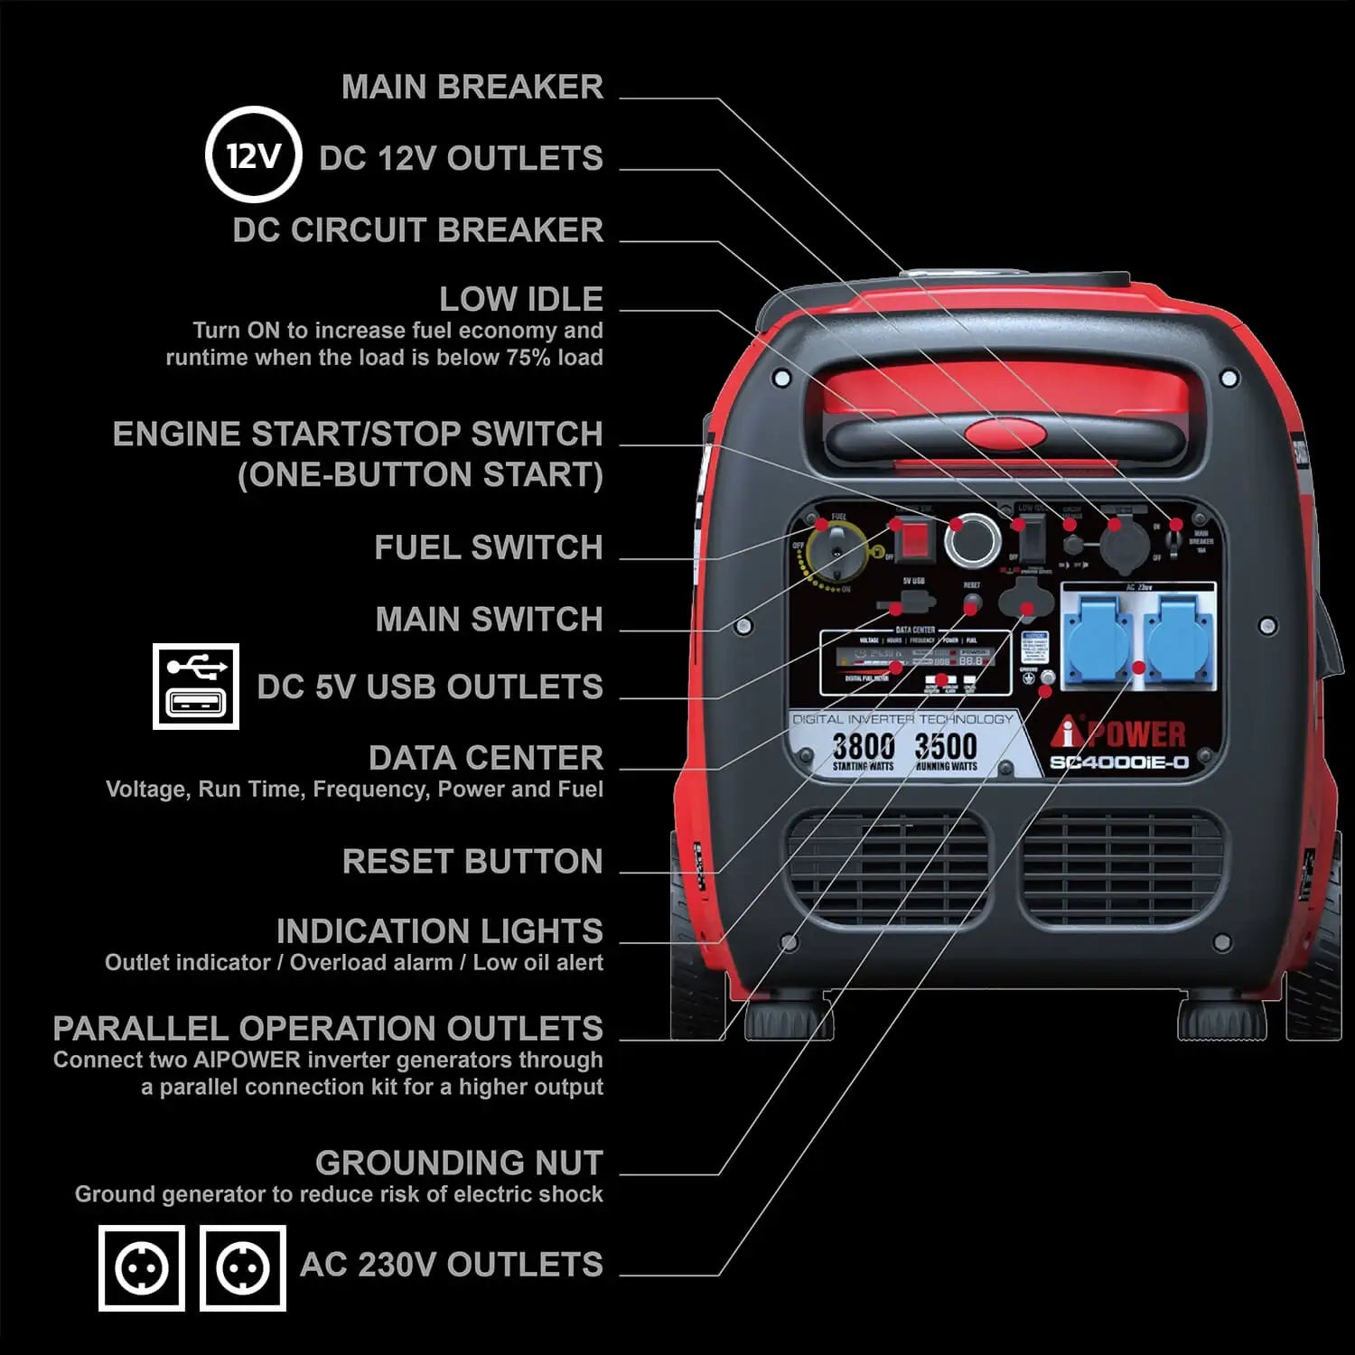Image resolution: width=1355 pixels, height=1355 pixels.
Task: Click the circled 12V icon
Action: tap(252, 155)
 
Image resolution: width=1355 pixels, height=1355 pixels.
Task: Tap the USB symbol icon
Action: tap(196, 687)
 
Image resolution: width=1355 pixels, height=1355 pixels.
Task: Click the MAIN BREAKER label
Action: tap(472, 87)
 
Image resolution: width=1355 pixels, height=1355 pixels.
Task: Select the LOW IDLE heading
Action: tap(521, 298)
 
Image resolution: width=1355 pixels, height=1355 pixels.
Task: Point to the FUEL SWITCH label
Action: tap(489, 547)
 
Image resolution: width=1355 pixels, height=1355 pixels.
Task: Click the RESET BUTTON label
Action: tap(472, 861)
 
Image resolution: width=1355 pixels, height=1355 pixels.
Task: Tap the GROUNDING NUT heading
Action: tap(459, 1162)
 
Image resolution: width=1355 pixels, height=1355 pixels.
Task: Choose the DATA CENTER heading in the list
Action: tap(486, 757)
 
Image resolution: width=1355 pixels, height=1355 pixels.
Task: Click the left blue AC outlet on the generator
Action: tap(1099, 637)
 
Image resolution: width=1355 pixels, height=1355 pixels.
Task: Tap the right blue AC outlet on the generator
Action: tap(1178, 637)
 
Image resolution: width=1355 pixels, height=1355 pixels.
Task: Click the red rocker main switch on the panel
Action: tap(915, 539)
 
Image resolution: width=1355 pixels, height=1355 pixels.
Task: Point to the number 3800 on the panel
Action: tap(863, 747)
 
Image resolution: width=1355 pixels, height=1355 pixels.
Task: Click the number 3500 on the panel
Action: tap(946, 747)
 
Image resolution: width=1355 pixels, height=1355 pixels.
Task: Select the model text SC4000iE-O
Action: tap(1118, 763)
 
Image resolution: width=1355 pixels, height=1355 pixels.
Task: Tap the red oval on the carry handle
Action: tap(1005, 434)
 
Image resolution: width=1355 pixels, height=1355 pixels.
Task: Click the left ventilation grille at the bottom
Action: tap(889, 869)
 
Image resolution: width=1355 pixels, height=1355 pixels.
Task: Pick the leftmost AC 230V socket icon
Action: tap(142, 1267)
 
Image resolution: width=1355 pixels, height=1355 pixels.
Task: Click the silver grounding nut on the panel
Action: tap(1048, 677)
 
